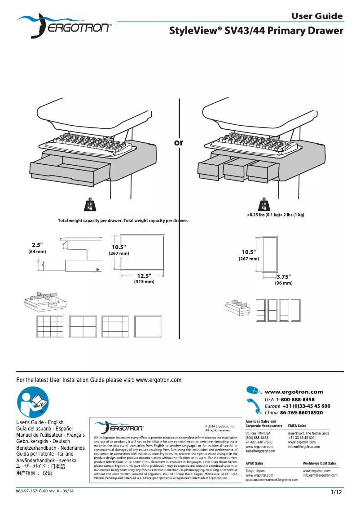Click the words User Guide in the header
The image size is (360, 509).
point(317,16)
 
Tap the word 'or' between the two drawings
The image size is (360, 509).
point(179,142)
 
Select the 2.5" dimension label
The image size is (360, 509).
point(37,245)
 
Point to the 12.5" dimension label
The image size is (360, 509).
point(144,275)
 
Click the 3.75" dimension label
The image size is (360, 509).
point(284,276)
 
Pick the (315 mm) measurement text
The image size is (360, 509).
point(144,282)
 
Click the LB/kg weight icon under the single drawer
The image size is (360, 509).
point(90,205)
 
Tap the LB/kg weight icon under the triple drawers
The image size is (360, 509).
point(264,205)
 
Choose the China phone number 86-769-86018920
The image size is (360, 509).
point(301,412)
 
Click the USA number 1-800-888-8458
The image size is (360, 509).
point(295,399)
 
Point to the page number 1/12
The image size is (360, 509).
point(337,493)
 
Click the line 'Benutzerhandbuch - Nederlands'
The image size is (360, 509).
point(50,448)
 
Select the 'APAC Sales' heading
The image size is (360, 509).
point(255,463)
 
